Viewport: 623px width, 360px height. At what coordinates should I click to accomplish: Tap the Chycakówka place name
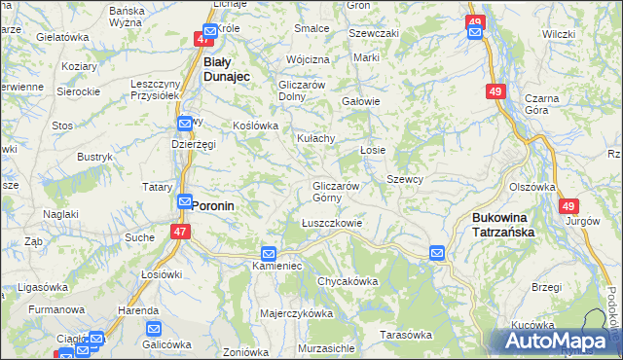tap(347, 281)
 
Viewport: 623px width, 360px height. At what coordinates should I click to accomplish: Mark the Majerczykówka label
tap(297, 313)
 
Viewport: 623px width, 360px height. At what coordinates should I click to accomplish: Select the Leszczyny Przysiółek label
tap(157, 90)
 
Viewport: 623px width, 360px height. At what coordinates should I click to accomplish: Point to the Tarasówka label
tap(405, 335)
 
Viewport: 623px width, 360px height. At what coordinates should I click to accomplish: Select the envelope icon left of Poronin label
tap(184, 201)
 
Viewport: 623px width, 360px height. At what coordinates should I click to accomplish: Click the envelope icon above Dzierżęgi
tap(185, 125)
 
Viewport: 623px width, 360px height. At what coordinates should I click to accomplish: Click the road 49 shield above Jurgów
tap(568, 206)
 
